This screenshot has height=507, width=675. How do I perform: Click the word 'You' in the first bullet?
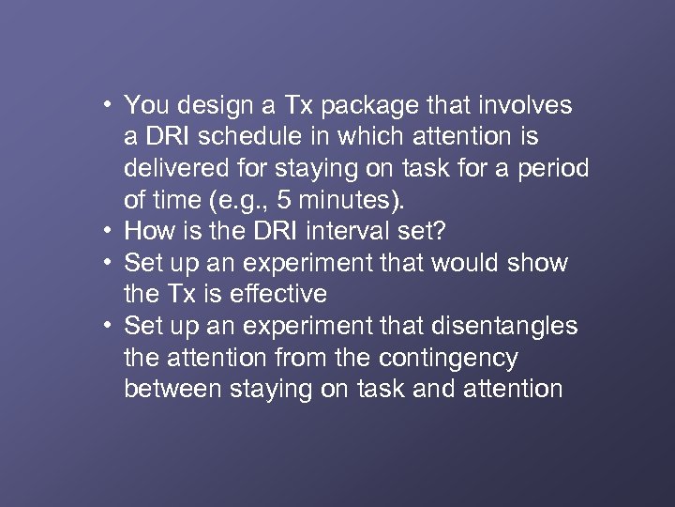click(144, 104)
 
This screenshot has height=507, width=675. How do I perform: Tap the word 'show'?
click(541, 263)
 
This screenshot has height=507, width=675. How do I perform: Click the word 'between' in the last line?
click(175, 390)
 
